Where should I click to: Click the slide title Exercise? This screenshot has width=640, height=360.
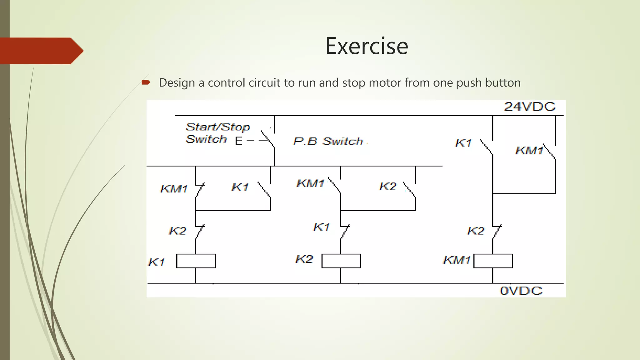coord(367,46)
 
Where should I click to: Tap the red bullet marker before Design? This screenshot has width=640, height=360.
coord(146,82)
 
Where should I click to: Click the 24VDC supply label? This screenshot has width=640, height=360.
coord(530,107)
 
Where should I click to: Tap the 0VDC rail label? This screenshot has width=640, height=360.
coord(521,291)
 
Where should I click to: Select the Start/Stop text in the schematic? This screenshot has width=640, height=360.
coord(218,127)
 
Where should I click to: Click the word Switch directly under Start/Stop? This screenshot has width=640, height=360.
coord(206,139)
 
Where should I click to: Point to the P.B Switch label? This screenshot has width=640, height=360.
coord(328,142)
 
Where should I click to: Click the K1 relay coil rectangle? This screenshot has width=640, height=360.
coord(196,261)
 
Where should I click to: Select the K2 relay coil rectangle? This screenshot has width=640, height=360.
coord(341,261)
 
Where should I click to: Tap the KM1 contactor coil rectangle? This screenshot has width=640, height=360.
coord(493,261)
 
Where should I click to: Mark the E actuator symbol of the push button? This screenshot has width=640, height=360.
coord(239,141)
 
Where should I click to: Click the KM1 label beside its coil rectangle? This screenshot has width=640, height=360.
coord(457,260)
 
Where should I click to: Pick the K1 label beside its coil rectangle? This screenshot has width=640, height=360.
coord(156,262)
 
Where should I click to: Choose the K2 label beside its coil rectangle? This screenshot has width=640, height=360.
coord(304,259)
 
